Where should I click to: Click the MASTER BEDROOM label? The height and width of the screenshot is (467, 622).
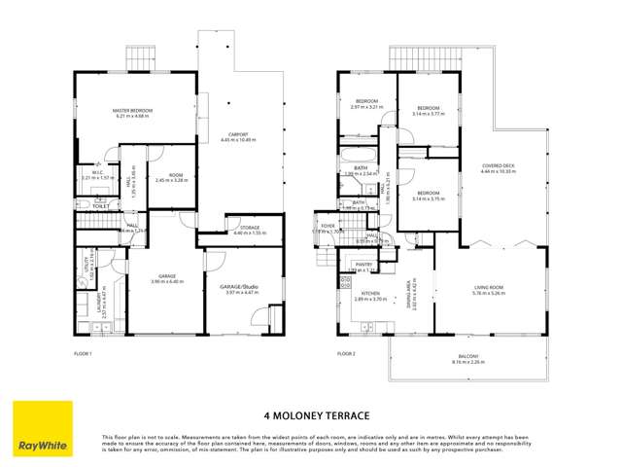click(x=129, y=111)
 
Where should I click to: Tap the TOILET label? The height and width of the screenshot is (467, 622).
click(x=99, y=206)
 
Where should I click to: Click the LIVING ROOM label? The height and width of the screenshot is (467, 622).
click(x=488, y=287)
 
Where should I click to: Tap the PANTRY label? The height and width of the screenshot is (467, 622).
click(x=364, y=264)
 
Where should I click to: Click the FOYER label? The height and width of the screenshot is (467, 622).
click(x=328, y=225)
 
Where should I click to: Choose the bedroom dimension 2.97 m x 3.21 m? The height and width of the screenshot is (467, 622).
click(x=366, y=107)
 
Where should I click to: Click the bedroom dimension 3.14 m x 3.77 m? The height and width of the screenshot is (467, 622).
click(x=429, y=113)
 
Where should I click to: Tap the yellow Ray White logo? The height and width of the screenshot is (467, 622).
click(x=41, y=429)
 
